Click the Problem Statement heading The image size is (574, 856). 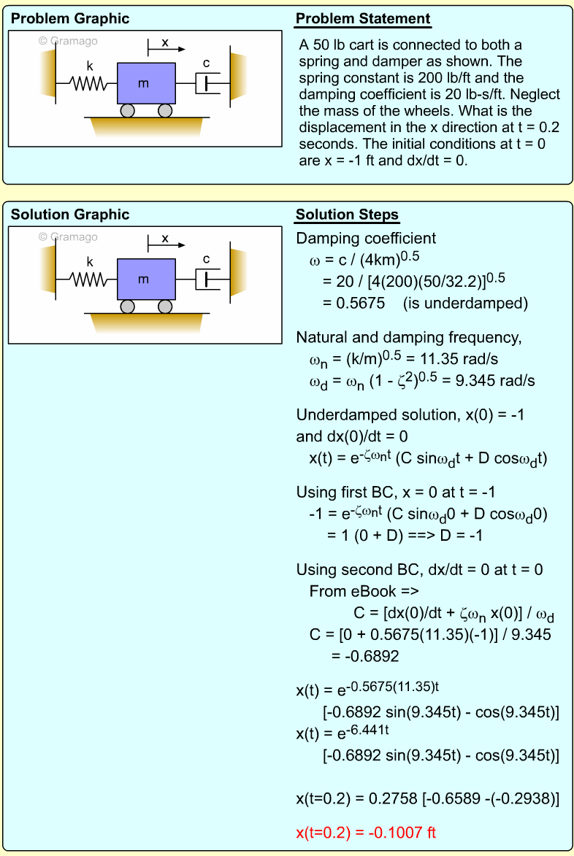point(363,19)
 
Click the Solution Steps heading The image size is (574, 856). point(347,215)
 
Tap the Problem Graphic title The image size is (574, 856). point(70,19)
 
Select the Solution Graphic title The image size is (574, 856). point(70,215)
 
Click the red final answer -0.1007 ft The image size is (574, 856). point(367,832)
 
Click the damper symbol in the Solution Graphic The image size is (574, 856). point(207,279)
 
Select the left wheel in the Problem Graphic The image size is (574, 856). point(128,111)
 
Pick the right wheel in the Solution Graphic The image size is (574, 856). point(165,306)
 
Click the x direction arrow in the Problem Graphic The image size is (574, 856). point(167,50)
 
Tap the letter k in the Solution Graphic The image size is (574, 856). point(90,261)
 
